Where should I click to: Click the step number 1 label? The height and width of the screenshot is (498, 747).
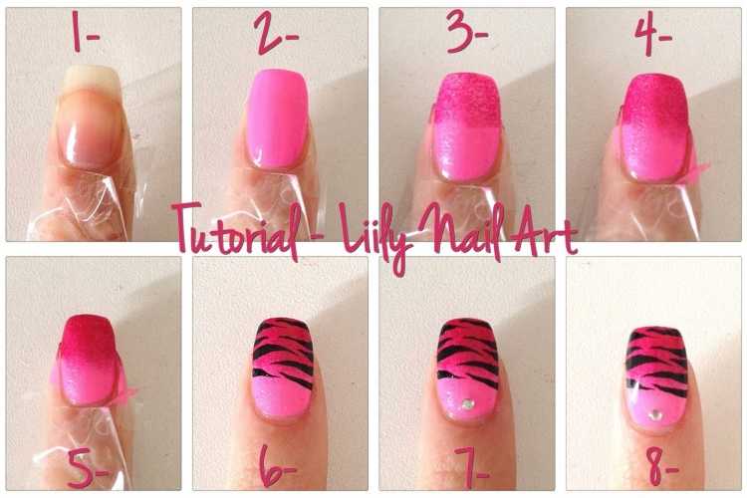coord(84,33)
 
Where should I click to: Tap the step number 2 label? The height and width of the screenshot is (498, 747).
coord(275,33)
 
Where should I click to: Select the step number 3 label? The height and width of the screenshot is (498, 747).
coord(467,33)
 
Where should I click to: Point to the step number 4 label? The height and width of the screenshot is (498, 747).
coord(652,33)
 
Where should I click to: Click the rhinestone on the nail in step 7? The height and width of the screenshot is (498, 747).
coord(468,404)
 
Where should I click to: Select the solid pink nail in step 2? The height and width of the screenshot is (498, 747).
coord(277,120)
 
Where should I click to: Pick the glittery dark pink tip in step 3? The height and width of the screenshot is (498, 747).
coord(467,100)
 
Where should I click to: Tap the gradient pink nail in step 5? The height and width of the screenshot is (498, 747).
coord(89,361)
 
